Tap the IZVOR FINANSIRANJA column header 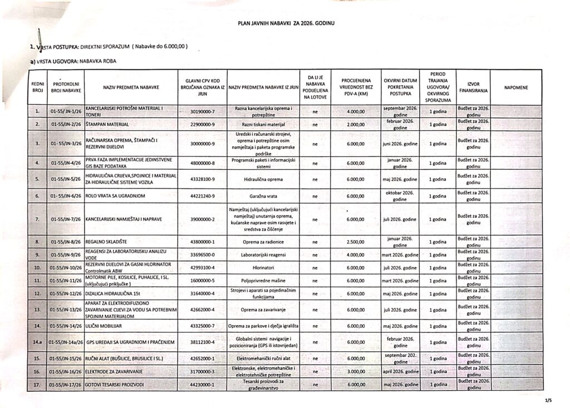click(x=473, y=87)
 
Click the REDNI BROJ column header click(x=37, y=87)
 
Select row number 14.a click(x=37, y=341)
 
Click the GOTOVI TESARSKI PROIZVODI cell click(x=116, y=384)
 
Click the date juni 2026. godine click(x=400, y=143)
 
